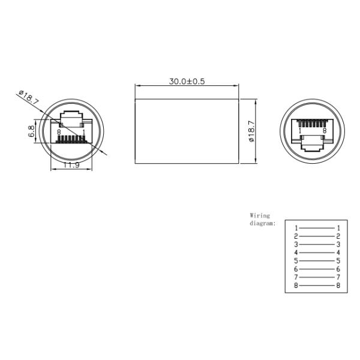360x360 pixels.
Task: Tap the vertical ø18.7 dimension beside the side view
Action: pyautogui.click(x=252, y=130)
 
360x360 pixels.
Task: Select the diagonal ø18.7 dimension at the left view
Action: pyautogui.click(x=29, y=98)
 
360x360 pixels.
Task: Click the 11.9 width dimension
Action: pyautogui.click(x=71, y=165)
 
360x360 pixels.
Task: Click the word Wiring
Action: pyautogui.click(x=260, y=215)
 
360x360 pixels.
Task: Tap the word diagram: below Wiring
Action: pyautogui.click(x=262, y=223)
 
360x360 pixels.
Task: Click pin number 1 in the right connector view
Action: pyautogui.click(x=300, y=130)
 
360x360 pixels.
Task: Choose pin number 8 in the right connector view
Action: pyautogui.click(x=325, y=130)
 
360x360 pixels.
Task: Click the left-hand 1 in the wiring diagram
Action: pyautogui.click(x=296, y=228)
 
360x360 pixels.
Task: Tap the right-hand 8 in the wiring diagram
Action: pyautogui.click(x=338, y=286)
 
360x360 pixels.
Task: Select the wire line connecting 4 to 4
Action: pyautogui.click(x=317, y=253)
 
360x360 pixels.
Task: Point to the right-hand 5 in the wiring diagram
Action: pyautogui.click(x=338, y=261)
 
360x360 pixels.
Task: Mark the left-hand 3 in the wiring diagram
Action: pyautogui.click(x=296, y=245)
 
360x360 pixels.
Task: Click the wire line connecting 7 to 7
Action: pyautogui.click(x=317, y=278)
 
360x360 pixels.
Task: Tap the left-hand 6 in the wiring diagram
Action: pyautogui.click(x=296, y=269)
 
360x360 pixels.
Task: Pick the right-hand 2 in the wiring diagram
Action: pyautogui.click(x=338, y=236)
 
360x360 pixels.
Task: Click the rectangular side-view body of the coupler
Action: pyautogui.click(x=187, y=130)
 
